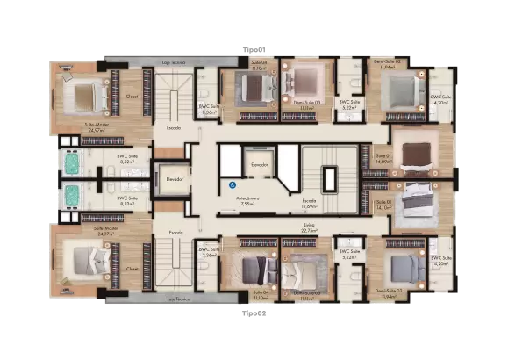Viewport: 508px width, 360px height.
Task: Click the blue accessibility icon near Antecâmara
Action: click(232, 185)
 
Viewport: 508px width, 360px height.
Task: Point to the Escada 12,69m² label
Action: click(309, 204)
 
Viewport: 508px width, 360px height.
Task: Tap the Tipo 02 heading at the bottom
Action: click(254, 311)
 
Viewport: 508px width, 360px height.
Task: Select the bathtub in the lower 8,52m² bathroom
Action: click(71, 195)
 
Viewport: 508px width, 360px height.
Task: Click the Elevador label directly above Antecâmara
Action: click(258, 165)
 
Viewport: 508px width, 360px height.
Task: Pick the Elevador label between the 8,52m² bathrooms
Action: click(171, 178)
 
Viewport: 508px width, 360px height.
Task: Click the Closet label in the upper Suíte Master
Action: click(132, 97)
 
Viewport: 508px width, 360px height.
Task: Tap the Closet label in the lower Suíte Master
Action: click(132, 269)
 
